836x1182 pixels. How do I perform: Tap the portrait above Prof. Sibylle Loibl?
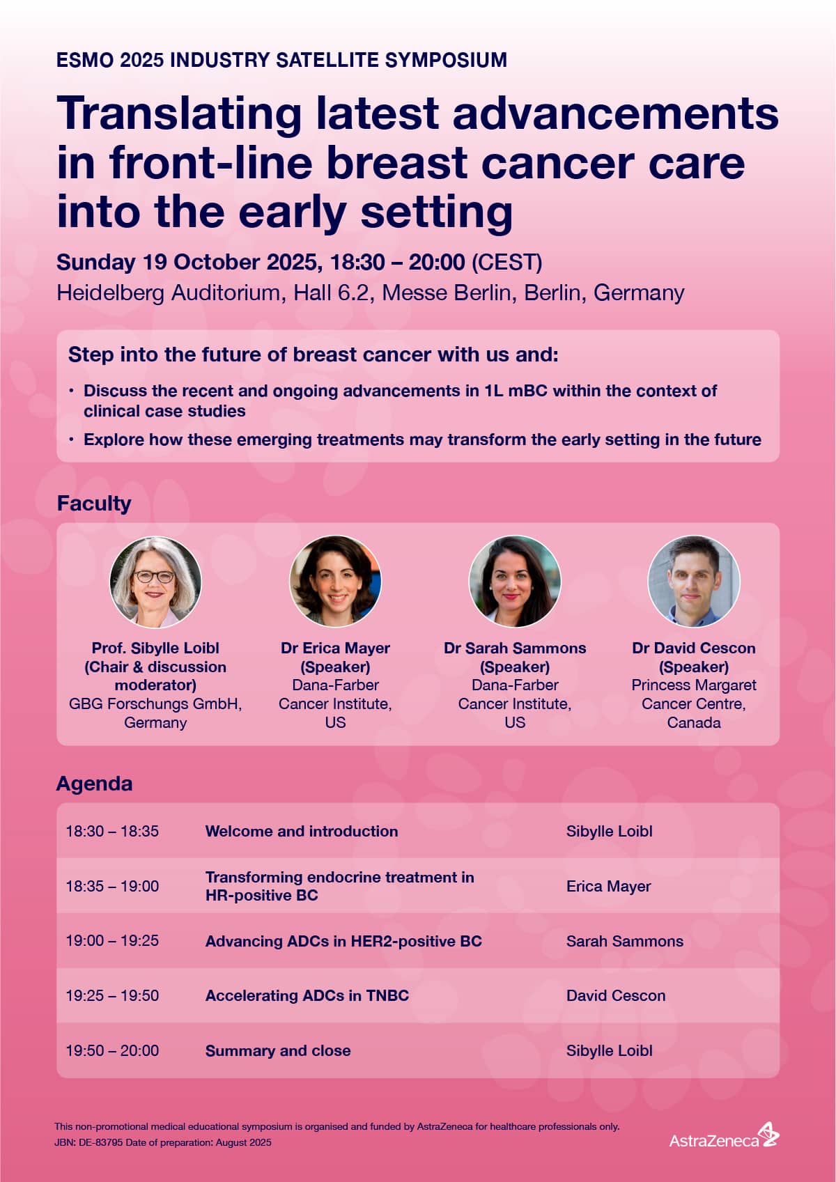click(x=155, y=582)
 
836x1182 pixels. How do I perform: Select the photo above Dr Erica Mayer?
click(x=335, y=582)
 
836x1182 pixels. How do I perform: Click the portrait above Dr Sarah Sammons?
click(x=515, y=582)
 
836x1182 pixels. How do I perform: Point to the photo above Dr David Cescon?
click(x=693, y=582)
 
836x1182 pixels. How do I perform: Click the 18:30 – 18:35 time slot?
click(x=112, y=831)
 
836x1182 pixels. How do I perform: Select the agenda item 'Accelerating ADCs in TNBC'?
click(x=307, y=995)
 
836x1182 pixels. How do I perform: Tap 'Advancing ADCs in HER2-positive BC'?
click(x=343, y=941)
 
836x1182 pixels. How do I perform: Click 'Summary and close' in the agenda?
click(x=278, y=1050)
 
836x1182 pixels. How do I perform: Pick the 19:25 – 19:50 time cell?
click(x=112, y=995)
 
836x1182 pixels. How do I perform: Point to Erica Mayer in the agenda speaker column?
click(x=608, y=886)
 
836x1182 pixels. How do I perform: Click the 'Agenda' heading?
click(x=95, y=784)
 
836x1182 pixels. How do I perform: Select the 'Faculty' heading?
click(x=94, y=504)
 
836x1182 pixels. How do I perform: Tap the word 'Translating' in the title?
click(x=179, y=114)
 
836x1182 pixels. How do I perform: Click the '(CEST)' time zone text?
click(x=506, y=263)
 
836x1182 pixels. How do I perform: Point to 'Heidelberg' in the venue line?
click(x=110, y=293)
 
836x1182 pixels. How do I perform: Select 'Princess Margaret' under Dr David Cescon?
click(x=693, y=685)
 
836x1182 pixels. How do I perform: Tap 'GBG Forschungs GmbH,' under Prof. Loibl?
click(x=155, y=703)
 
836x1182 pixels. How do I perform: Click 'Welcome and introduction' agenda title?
click(x=302, y=831)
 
